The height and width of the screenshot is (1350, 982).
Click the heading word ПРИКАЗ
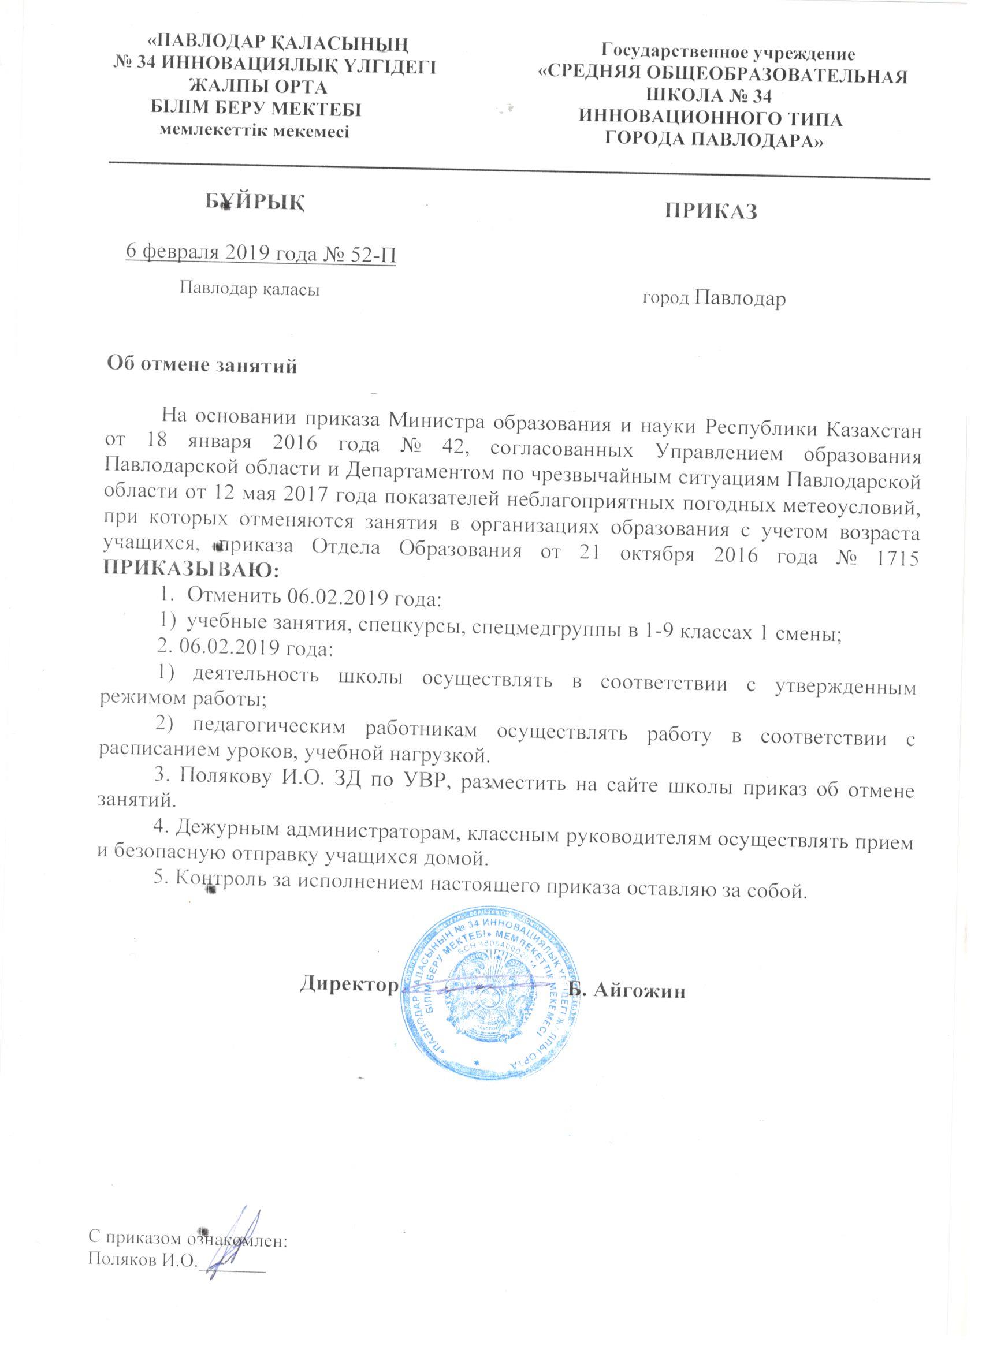[711, 212]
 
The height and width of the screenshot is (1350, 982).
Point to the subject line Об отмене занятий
[201, 364]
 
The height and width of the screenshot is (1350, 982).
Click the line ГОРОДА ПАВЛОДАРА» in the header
[714, 140]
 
